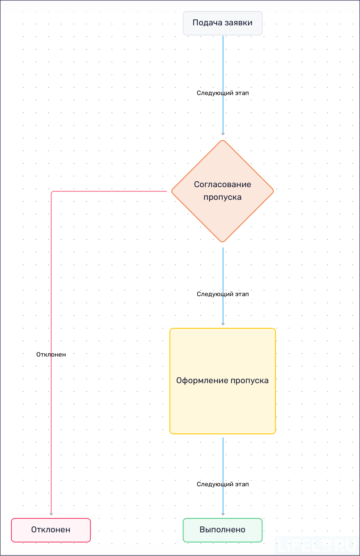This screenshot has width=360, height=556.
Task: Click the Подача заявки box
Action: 223,23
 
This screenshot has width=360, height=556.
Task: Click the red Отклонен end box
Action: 51,530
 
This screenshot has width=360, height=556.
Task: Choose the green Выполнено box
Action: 223,530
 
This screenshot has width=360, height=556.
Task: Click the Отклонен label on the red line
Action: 51,354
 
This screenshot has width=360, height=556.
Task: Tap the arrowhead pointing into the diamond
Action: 223,134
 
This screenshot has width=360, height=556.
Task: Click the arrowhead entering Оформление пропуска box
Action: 223,324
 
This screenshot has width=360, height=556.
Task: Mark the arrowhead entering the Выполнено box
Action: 223,514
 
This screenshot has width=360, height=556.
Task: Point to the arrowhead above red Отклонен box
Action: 51,514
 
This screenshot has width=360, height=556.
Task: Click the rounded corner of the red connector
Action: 52,193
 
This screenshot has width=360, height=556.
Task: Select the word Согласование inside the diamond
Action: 223,184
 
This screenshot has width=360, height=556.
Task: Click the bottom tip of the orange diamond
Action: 223,241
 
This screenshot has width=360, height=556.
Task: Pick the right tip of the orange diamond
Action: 273,191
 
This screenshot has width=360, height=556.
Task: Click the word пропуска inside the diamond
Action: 223,197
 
